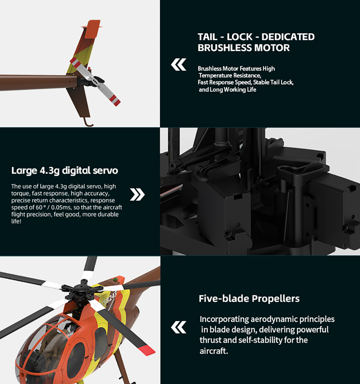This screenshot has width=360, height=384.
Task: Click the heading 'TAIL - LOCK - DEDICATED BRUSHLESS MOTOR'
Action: tap(256, 42)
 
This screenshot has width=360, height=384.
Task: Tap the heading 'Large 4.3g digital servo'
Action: tap(64, 170)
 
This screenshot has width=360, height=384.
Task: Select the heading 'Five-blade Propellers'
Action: tap(249, 299)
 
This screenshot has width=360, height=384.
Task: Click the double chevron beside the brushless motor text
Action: tap(179, 64)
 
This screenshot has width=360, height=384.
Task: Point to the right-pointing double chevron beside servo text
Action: tap(137, 195)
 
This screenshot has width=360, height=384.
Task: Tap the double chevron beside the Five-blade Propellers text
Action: tap(179, 327)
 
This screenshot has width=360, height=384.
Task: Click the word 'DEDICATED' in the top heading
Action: tap(288, 37)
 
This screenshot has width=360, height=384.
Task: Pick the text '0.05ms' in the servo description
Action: tap(60, 207)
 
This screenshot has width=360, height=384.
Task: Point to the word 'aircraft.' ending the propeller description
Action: tap(213, 351)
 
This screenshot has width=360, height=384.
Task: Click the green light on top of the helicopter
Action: tap(115, 279)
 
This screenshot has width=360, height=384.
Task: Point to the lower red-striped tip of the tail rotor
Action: tap(115, 100)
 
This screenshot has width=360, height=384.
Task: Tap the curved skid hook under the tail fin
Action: tap(88, 122)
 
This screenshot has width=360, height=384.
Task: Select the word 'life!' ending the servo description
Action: tap(16, 222)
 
